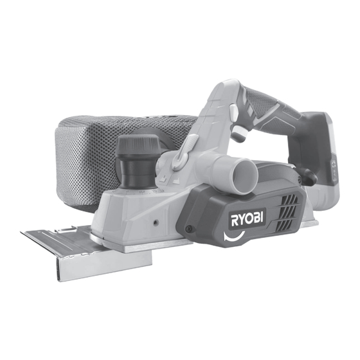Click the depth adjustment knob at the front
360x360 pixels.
(137, 161)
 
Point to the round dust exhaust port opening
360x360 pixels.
(244, 174)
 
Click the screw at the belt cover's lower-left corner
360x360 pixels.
(190, 228)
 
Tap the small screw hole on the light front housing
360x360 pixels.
(156, 222)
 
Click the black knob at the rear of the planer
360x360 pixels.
(308, 175)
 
